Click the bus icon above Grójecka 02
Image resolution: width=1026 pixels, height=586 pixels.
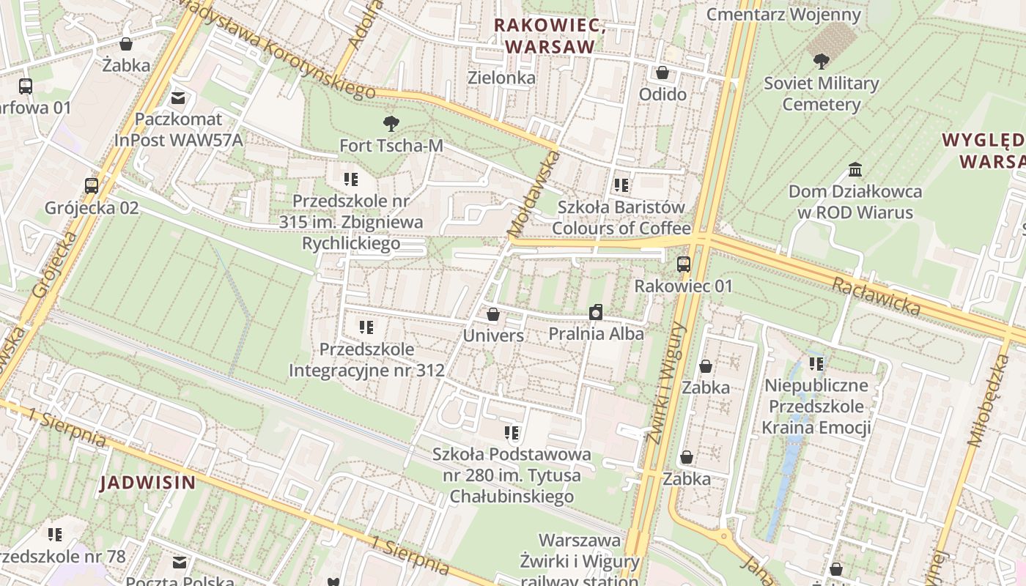point(92,186)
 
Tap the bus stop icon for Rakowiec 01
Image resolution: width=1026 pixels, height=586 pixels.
point(684,264)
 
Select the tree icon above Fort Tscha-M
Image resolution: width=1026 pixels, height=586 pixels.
point(391,124)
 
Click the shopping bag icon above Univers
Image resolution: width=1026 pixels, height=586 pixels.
point(493,314)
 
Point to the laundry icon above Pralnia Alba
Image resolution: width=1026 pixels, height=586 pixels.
point(596,313)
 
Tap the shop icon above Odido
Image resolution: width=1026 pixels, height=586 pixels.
point(663,73)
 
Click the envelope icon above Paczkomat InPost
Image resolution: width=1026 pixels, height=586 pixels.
point(178,97)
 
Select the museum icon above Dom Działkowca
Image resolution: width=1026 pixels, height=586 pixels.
point(855,170)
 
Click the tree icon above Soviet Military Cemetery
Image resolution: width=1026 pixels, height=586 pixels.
point(821,62)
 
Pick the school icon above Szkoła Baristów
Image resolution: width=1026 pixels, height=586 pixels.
point(621,185)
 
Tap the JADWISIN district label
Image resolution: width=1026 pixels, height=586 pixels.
point(148,483)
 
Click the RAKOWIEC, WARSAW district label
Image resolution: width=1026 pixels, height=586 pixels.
point(550,35)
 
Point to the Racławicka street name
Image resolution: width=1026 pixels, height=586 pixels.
point(876,295)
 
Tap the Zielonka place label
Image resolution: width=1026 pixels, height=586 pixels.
point(501,77)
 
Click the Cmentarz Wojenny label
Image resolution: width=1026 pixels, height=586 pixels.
point(783,14)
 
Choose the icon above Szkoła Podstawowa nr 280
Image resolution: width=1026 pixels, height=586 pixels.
point(512,433)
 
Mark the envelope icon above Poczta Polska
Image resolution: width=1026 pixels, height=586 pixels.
point(180,563)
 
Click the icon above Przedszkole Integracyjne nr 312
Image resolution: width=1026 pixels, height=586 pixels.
point(366,327)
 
